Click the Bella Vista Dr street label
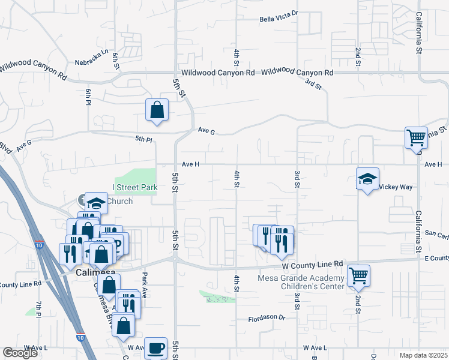tap(279, 19)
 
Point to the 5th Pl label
tap(143, 139)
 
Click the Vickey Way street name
tap(397, 187)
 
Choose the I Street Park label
tap(136, 187)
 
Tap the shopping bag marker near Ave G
tap(157, 110)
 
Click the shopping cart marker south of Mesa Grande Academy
tap(359, 275)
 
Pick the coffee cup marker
tap(156, 347)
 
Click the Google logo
tap(20, 353)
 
